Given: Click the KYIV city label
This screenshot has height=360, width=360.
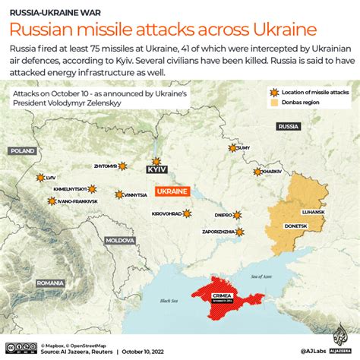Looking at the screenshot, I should (157, 172).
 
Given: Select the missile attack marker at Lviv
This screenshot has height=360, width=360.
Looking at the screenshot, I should (41, 178).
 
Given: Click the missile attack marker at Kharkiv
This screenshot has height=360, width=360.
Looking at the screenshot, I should (257, 172).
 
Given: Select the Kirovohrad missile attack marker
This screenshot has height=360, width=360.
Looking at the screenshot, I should (187, 214).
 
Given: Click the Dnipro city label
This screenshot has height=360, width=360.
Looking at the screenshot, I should (222, 215).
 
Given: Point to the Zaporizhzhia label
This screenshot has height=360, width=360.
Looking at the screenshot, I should (218, 231).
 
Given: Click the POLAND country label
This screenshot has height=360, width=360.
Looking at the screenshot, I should (23, 151).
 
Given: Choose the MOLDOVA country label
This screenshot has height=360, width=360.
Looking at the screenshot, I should (119, 240).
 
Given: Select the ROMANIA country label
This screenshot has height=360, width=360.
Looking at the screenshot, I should (50, 283).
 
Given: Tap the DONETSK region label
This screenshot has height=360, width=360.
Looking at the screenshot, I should (295, 226).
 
